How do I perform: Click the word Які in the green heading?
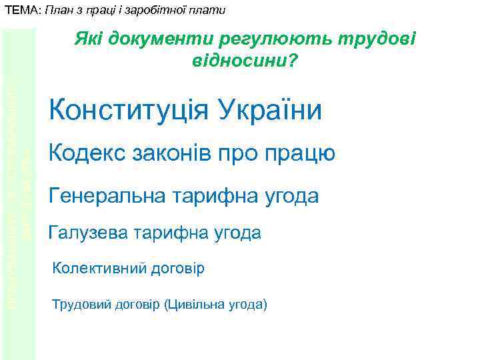click(x=87, y=41)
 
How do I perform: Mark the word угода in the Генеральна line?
click(x=289, y=197)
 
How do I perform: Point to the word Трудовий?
click(x=81, y=305)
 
